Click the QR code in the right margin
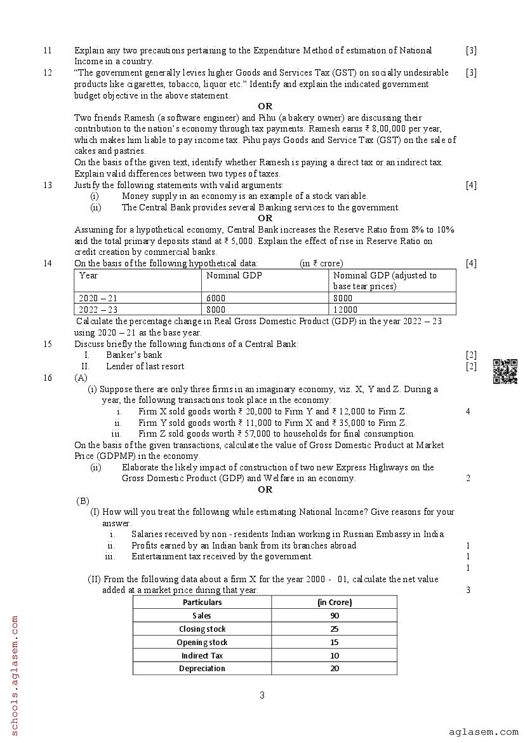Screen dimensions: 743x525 click(505, 371)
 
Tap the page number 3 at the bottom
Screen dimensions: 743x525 click(262, 695)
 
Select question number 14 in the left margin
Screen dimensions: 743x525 click(48, 263)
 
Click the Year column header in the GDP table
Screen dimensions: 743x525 click(89, 275)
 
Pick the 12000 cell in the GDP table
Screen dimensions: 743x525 click(346, 310)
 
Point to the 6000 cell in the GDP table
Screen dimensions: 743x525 click(216, 298)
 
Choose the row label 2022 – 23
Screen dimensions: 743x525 click(98, 310)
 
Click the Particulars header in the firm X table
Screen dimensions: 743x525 click(202, 602)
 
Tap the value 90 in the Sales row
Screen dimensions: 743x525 click(335, 615)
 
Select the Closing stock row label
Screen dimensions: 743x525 click(202, 629)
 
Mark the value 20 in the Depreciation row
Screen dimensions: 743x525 click(335, 668)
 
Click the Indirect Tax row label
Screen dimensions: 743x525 click(202, 655)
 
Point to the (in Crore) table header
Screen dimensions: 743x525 click(335, 602)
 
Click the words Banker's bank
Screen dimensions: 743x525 click(134, 355)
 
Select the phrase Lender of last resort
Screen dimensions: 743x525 click(145, 366)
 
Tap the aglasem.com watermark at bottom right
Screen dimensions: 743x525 click(483, 732)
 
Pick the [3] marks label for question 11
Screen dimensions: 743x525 click(470, 50)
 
